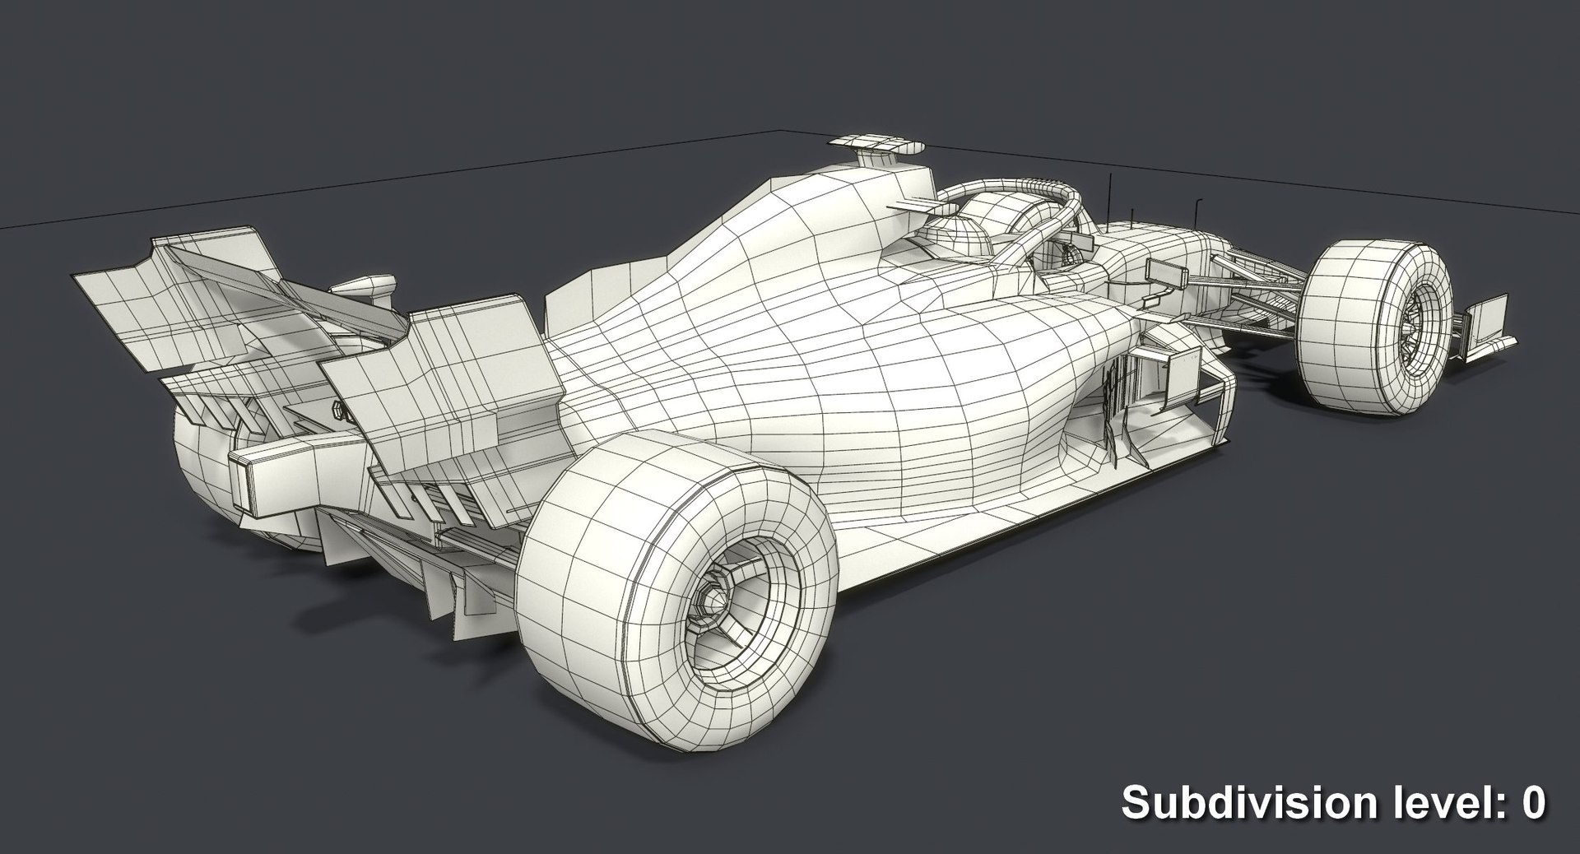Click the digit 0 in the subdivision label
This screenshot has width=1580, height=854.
(x=1533, y=802)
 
